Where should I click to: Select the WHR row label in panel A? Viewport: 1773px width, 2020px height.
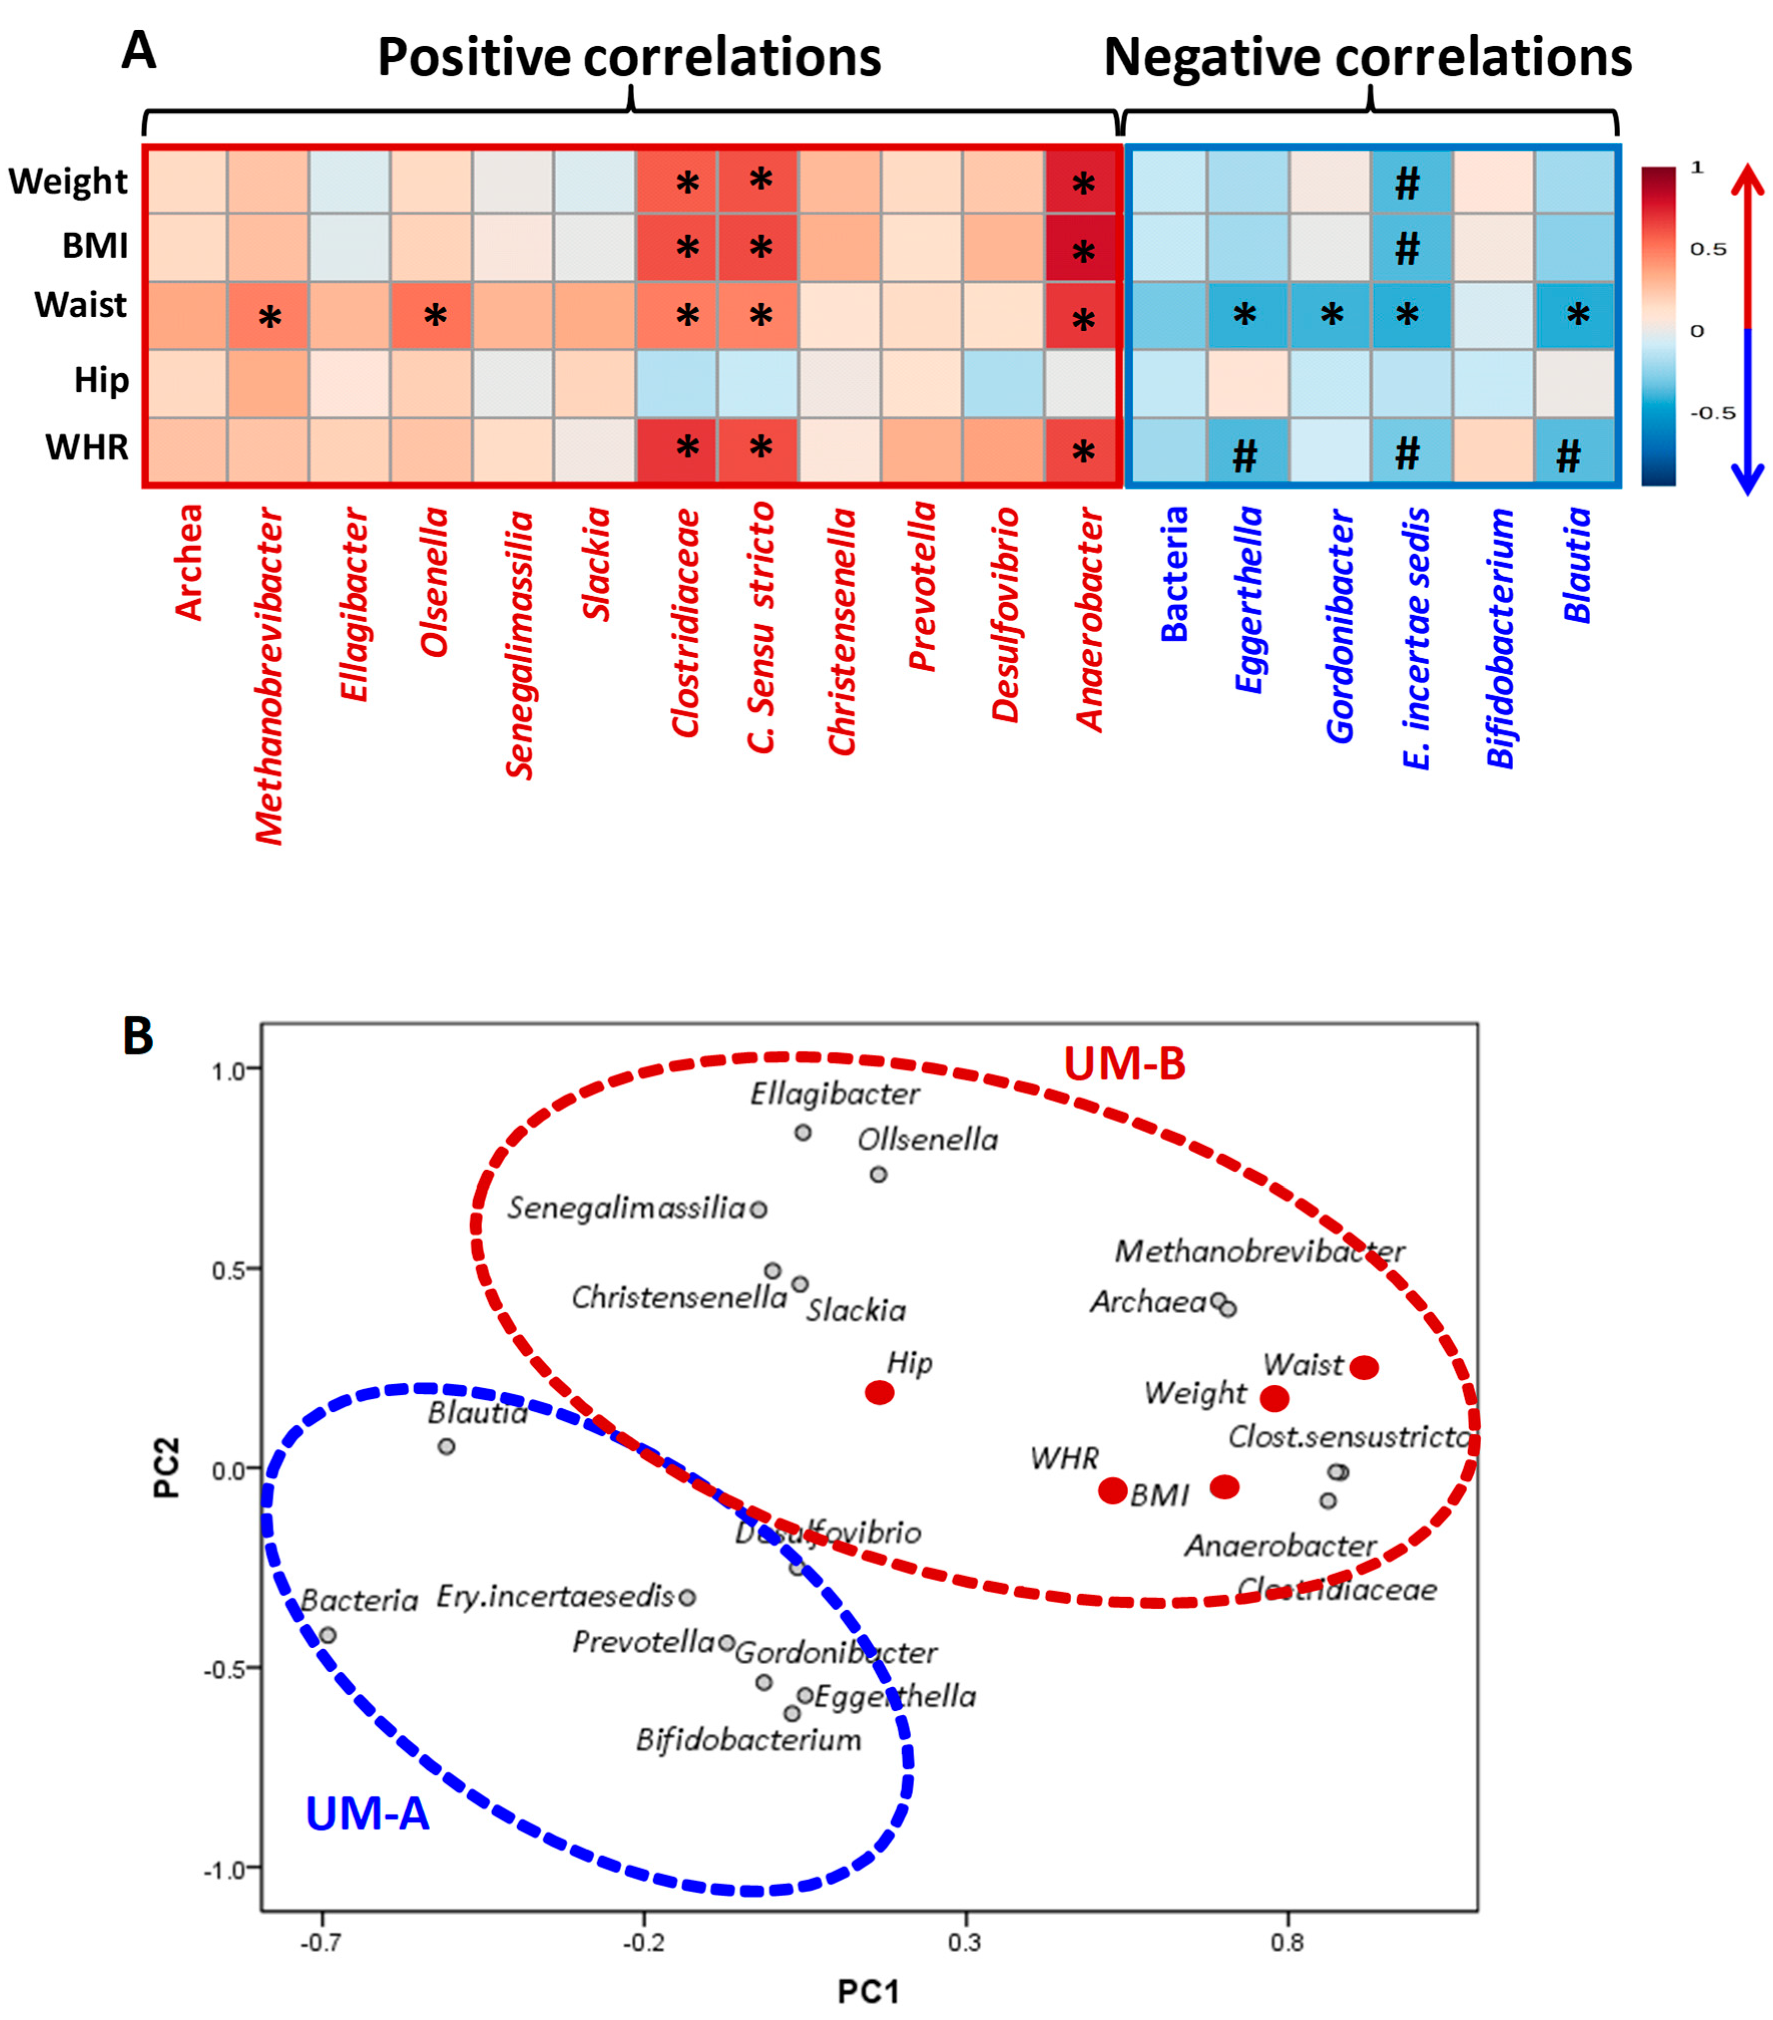tap(87, 448)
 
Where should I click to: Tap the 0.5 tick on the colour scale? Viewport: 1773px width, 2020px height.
tap(1708, 249)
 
